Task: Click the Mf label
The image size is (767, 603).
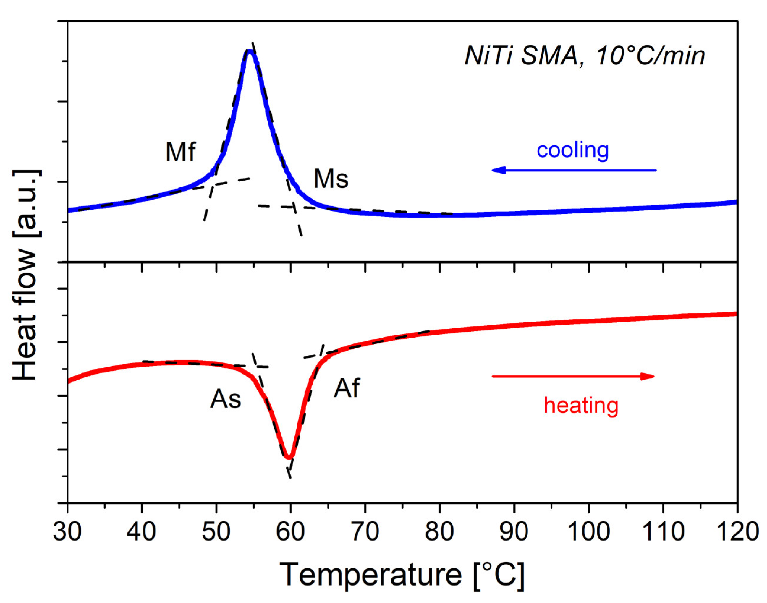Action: (180, 152)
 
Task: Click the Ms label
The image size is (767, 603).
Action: (331, 179)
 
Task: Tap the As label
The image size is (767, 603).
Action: (225, 400)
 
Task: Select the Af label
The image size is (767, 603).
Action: (347, 388)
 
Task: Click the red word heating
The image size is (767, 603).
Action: (581, 406)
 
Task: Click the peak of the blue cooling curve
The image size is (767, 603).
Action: (249, 51)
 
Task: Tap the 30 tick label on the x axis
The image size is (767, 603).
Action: (67, 532)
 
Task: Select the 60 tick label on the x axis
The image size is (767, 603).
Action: (290, 532)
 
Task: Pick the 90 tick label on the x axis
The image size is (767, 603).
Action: (514, 532)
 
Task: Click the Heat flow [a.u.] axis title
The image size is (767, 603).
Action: (25, 275)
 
